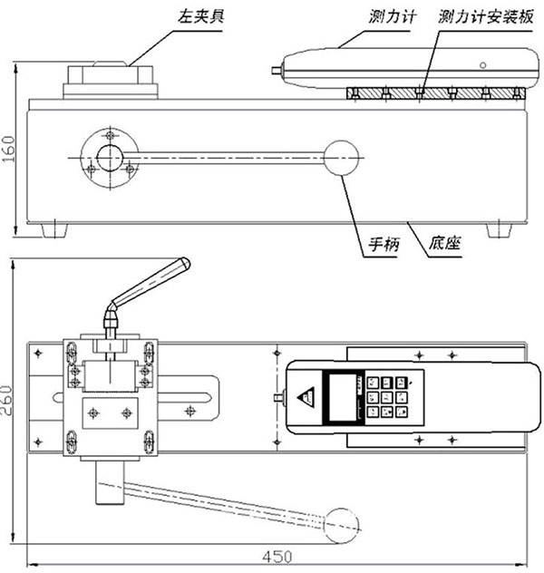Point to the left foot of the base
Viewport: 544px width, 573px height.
click(x=55, y=229)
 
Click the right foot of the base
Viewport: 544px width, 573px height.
click(x=498, y=229)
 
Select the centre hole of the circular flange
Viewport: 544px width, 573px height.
click(x=109, y=156)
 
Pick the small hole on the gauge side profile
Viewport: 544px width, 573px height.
click(x=482, y=65)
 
